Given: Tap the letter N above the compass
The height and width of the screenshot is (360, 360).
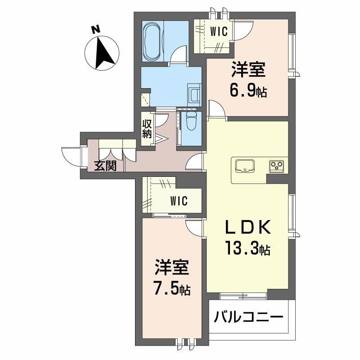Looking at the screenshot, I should (94, 29).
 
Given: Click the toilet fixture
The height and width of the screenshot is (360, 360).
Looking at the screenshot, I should (191, 121).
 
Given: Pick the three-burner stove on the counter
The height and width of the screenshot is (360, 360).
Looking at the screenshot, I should (276, 166).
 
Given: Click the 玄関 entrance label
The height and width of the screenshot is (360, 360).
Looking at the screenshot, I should (105, 166).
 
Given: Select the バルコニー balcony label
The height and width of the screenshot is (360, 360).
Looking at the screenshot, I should (248, 318).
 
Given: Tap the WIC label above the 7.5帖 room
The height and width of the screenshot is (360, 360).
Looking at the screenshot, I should (179, 201).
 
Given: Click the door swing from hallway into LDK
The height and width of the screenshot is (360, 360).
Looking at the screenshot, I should (195, 162).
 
